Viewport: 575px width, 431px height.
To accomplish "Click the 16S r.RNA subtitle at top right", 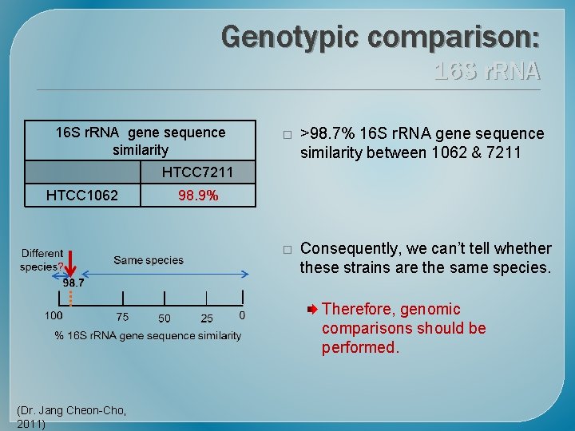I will click(x=487, y=72).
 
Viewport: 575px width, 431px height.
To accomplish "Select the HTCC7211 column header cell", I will click(x=198, y=172).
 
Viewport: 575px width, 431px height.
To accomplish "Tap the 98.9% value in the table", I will click(x=198, y=196).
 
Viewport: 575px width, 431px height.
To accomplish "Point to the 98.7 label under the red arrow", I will click(x=74, y=283).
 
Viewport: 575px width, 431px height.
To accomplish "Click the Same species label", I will click(x=149, y=260).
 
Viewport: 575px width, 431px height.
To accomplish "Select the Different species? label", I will click(x=42, y=260).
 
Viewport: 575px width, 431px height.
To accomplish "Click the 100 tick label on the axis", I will click(x=54, y=317).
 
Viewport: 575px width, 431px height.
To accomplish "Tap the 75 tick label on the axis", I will click(x=121, y=318).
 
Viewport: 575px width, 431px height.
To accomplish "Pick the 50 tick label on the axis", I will click(x=164, y=318).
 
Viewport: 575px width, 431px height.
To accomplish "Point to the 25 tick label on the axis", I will click(x=207, y=318).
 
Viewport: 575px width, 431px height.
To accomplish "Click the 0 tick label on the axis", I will click(x=242, y=316).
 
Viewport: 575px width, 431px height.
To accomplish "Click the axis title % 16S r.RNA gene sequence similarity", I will click(x=148, y=335).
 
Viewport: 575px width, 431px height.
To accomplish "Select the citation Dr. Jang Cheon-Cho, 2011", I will click(x=70, y=417).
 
